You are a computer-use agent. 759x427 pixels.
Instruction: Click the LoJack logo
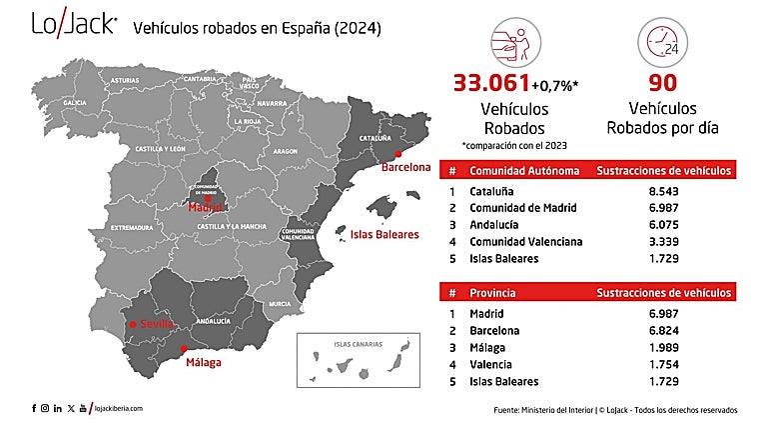[74, 26]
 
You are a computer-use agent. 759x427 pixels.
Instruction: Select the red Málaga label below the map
[204, 363]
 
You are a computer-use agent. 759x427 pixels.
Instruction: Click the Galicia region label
[74, 102]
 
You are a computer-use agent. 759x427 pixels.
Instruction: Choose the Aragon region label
[285, 152]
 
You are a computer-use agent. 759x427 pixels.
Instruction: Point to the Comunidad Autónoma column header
[524, 170]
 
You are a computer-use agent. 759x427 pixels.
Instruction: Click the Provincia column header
[497, 292]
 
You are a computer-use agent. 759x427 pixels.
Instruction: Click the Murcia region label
[280, 303]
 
